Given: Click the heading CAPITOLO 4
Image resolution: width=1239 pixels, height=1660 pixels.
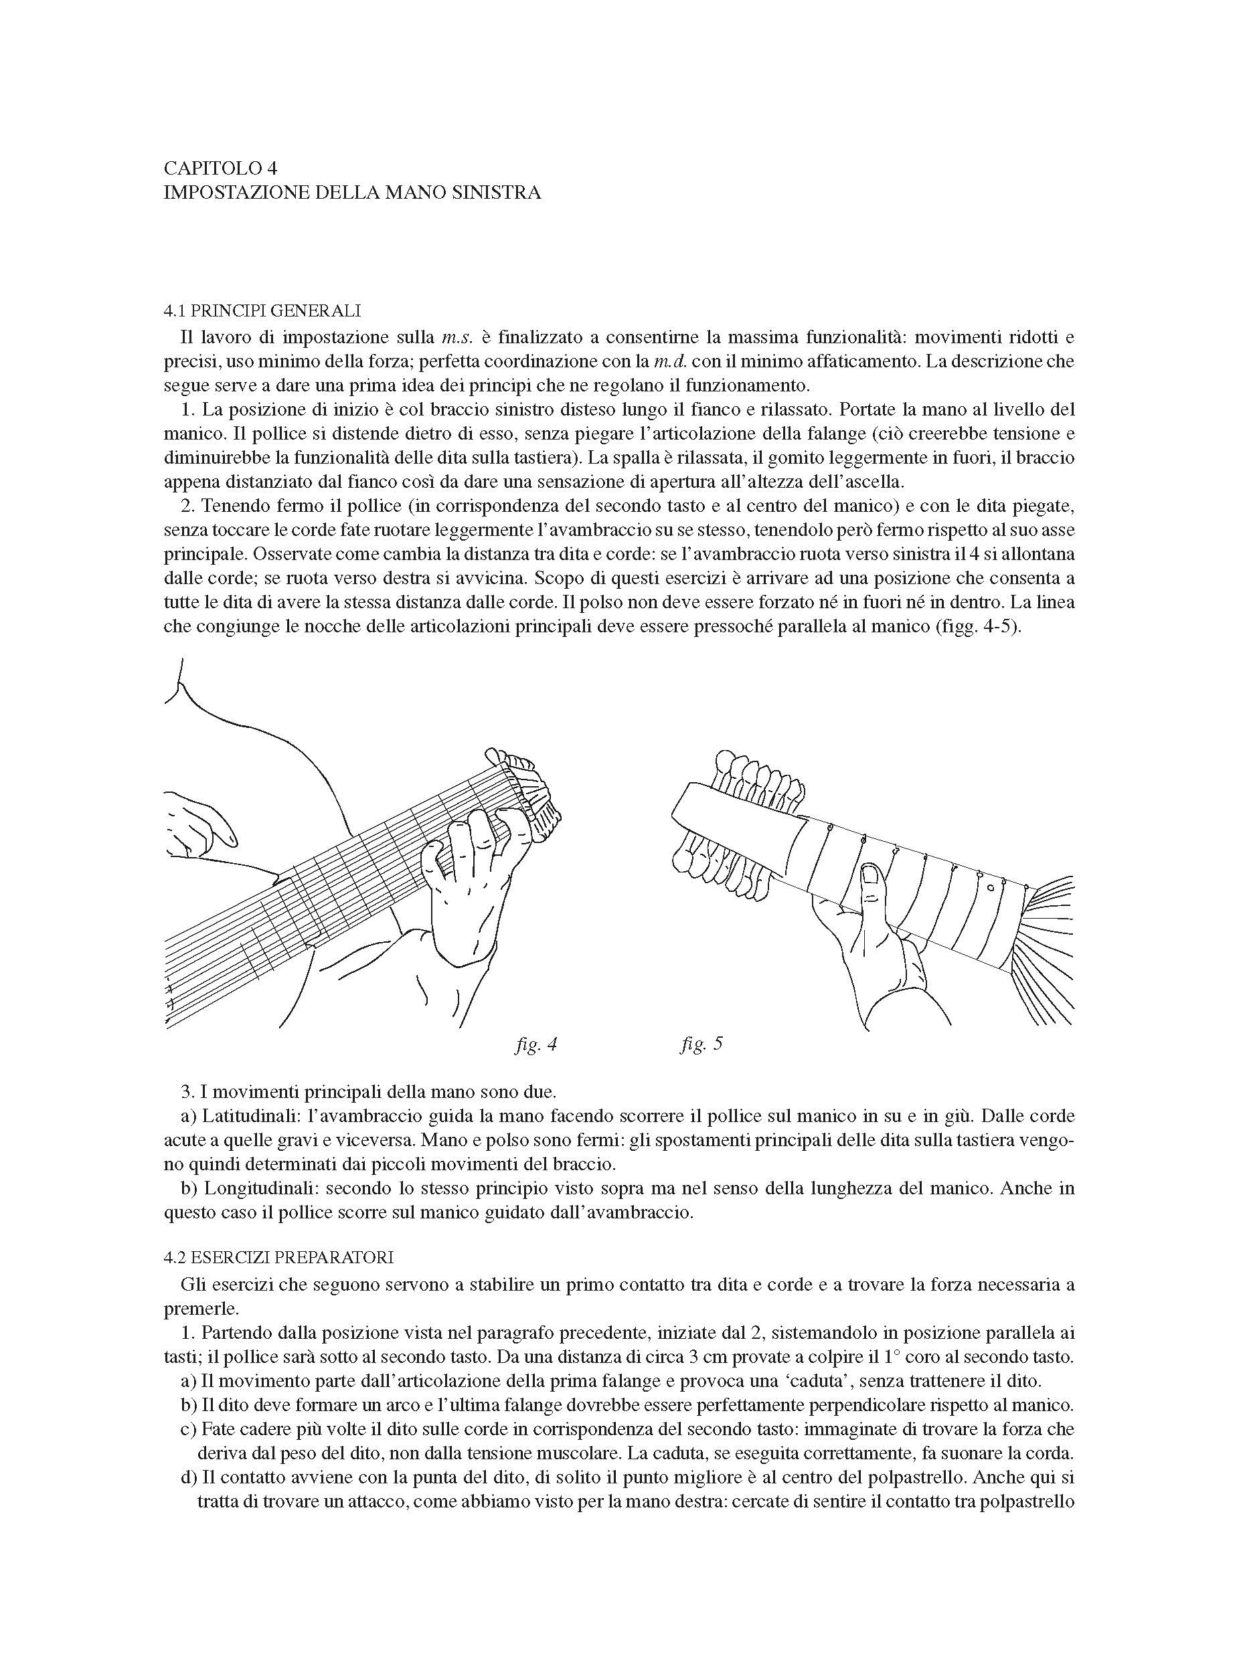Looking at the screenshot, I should point(220,167).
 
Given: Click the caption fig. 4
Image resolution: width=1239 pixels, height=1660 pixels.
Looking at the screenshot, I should point(535,1044).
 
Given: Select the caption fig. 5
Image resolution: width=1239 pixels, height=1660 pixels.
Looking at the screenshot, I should point(701,1044).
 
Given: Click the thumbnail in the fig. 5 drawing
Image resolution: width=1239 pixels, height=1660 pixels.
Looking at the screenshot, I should point(871,874).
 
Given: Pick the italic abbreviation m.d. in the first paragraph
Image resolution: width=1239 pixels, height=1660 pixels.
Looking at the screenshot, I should point(671,361).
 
